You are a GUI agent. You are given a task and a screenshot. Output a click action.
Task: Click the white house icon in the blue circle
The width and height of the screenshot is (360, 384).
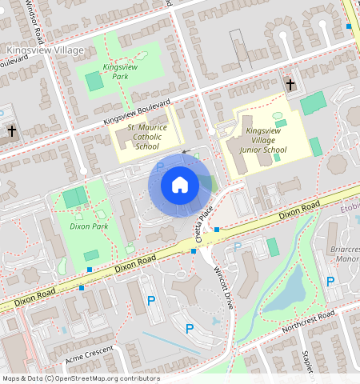[x=180, y=186]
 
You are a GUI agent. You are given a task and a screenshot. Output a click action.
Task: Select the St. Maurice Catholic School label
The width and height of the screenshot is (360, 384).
[x=147, y=136]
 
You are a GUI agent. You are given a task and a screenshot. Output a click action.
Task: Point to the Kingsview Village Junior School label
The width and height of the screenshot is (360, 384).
[x=264, y=139]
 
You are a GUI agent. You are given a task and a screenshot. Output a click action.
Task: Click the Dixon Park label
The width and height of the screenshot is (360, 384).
[x=89, y=227]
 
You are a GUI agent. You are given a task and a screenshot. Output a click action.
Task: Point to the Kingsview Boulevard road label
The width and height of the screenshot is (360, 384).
[x=137, y=112]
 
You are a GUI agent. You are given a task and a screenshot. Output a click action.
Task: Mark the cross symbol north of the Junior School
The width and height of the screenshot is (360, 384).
[x=290, y=83]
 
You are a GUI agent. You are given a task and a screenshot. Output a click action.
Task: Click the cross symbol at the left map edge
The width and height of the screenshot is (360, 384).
[x=11, y=130]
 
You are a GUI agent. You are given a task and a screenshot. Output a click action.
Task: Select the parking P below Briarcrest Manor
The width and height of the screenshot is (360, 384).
[x=330, y=281]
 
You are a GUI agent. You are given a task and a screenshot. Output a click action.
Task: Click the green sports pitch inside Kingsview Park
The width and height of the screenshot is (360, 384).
[x=94, y=82]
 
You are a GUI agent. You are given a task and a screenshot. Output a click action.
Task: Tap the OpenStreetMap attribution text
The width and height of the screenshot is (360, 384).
[x=80, y=378]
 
